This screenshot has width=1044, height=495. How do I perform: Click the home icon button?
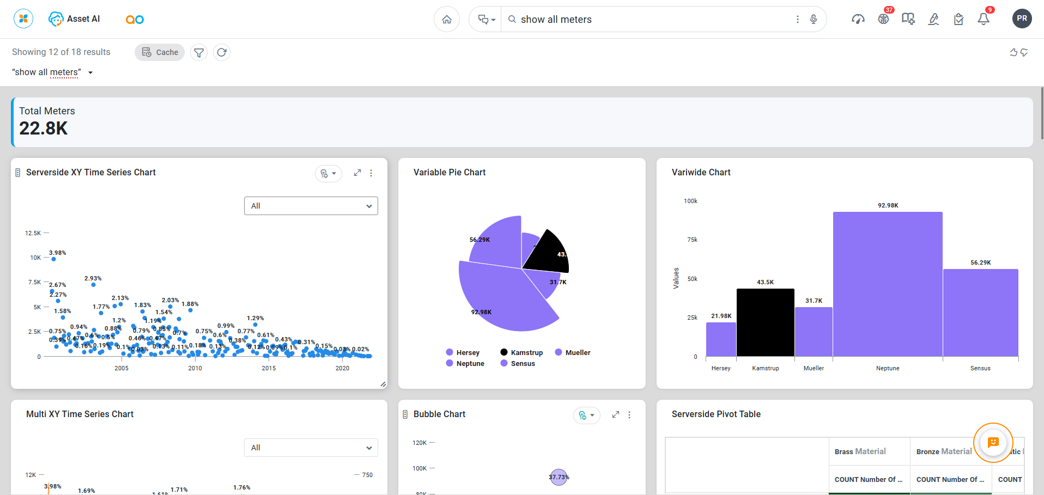point(447,20)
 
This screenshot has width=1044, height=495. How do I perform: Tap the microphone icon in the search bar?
point(814,20)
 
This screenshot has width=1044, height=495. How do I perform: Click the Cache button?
point(160,52)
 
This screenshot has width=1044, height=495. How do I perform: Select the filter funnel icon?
point(199,52)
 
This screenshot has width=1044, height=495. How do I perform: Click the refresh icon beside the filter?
point(222,52)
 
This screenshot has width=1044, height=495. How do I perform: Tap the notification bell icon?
point(984,20)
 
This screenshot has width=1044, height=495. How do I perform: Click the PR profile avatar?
point(1022,19)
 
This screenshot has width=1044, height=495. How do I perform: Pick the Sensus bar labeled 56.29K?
point(980,313)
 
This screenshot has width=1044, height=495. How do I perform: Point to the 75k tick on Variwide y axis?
point(692,240)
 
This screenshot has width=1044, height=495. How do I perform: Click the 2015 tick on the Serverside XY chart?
point(269,368)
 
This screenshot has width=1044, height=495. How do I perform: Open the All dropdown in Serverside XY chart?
point(311,206)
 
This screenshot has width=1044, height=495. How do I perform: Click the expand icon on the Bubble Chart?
point(616,414)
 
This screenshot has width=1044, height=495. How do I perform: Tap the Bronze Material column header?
point(944,451)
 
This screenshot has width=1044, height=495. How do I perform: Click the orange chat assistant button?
point(993,442)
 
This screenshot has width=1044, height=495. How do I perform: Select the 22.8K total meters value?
point(44,129)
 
